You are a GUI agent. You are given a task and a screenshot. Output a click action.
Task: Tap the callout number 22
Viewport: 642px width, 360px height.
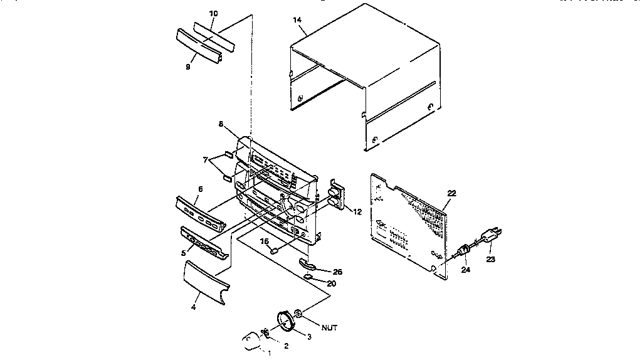coord(451,193)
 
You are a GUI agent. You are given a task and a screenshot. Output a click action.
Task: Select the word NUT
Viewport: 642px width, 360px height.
coord(330,327)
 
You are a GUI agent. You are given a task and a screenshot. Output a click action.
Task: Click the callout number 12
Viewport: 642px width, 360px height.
coord(357,212)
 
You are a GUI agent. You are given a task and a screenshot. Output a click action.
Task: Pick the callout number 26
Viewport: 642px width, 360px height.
coord(338,272)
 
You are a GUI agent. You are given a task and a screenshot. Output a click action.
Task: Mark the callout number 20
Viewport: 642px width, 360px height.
coord(331,283)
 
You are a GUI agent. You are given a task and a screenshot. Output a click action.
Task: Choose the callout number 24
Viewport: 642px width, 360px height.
coord(465,271)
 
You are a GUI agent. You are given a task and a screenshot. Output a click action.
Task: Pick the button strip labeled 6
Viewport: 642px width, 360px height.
coord(201,213)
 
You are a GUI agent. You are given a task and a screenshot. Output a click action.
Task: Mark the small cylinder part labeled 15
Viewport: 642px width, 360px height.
coord(275,250)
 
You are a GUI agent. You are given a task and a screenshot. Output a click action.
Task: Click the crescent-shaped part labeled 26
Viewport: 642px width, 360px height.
coord(310,263)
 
